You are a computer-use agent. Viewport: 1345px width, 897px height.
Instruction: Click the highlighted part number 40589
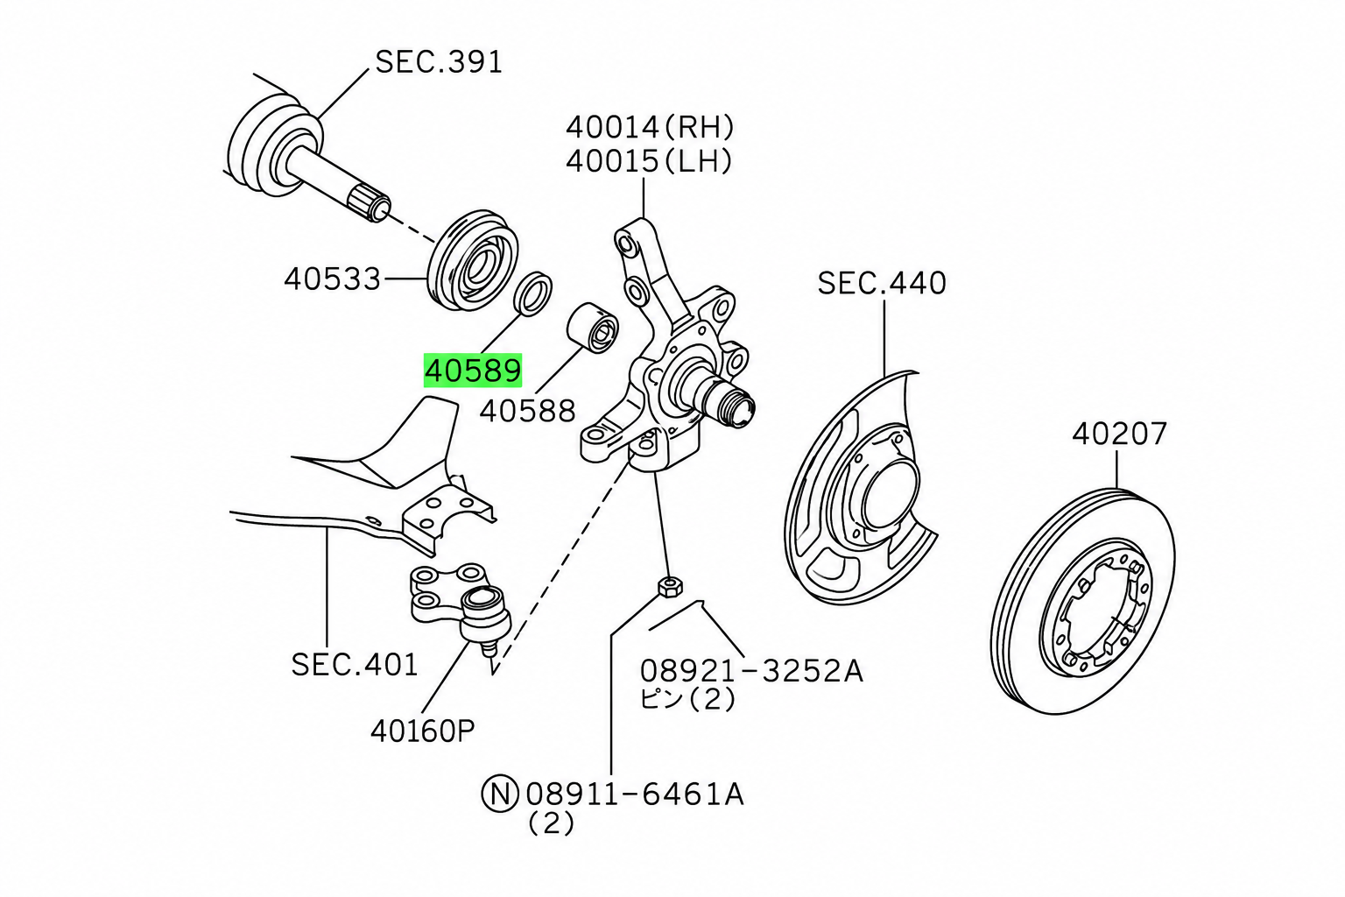(473, 371)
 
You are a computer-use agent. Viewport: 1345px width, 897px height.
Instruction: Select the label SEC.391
(439, 62)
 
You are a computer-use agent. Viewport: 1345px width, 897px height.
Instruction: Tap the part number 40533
(333, 279)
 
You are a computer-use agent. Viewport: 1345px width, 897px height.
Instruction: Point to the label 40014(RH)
(651, 127)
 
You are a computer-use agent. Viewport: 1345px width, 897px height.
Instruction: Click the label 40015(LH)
(649, 161)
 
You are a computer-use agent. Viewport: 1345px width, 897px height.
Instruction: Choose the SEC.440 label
(882, 283)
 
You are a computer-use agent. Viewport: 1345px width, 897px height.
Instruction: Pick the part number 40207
(1119, 434)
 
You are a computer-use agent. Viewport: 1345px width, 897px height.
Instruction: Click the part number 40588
(528, 412)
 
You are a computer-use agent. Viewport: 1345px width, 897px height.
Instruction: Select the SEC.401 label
(355, 665)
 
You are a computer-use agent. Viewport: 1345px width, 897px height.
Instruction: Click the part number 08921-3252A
(751, 671)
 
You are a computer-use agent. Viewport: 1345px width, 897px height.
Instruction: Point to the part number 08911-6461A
(635, 795)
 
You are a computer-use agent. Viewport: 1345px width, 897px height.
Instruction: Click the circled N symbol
(500, 795)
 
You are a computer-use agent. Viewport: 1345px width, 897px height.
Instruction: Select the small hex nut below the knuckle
(670, 586)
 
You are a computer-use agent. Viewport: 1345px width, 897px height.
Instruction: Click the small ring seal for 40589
(533, 293)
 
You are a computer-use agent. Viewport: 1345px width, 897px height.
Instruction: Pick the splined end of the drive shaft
(368, 202)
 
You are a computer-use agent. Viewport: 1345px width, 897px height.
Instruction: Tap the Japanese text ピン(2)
(687, 699)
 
